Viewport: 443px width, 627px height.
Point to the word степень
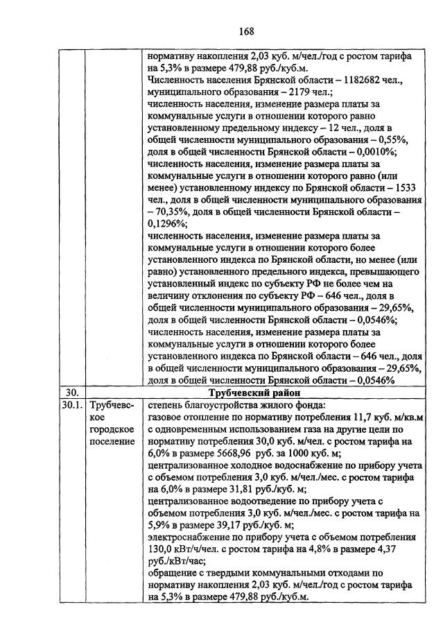point(167,404)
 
